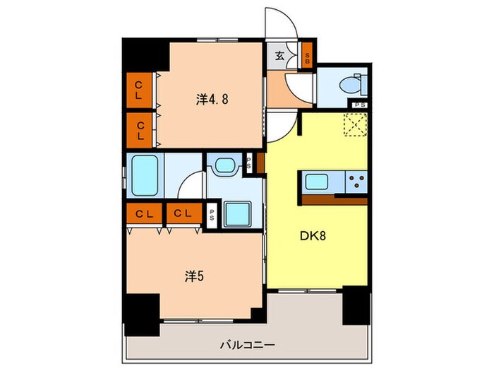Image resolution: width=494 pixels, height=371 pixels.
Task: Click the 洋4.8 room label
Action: click(x=212, y=100)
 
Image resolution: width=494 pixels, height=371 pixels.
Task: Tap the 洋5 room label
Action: click(x=194, y=276)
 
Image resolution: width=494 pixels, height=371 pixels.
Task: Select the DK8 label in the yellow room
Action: click(x=313, y=235)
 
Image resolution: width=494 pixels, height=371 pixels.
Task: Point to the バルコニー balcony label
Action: click(x=247, y=345)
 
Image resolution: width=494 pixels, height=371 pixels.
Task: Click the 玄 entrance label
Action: click(x=279, y=56)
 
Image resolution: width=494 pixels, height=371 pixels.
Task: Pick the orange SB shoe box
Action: click(x=307, y=56)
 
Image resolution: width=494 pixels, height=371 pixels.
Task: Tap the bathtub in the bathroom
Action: click(x=145, y=175)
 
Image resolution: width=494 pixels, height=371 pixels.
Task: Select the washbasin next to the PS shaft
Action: click(x=224, y=165)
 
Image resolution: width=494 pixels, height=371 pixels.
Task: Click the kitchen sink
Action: click(x=317, y=182)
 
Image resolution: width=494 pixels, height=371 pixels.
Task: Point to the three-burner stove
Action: click(x=356, y=182)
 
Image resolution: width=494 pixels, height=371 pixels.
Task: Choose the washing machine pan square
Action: click(x=237, y=214)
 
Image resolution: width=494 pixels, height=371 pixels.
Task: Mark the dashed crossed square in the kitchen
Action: click(x=356, y=124)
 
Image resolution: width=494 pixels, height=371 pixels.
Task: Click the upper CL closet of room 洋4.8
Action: click(x=139, y=90)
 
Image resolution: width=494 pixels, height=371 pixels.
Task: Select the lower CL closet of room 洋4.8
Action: click(x=139, y=130)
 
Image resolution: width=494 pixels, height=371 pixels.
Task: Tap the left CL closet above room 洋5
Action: click(x=144, y=213)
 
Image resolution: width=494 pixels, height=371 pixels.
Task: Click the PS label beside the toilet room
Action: click(x=359, y=105)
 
